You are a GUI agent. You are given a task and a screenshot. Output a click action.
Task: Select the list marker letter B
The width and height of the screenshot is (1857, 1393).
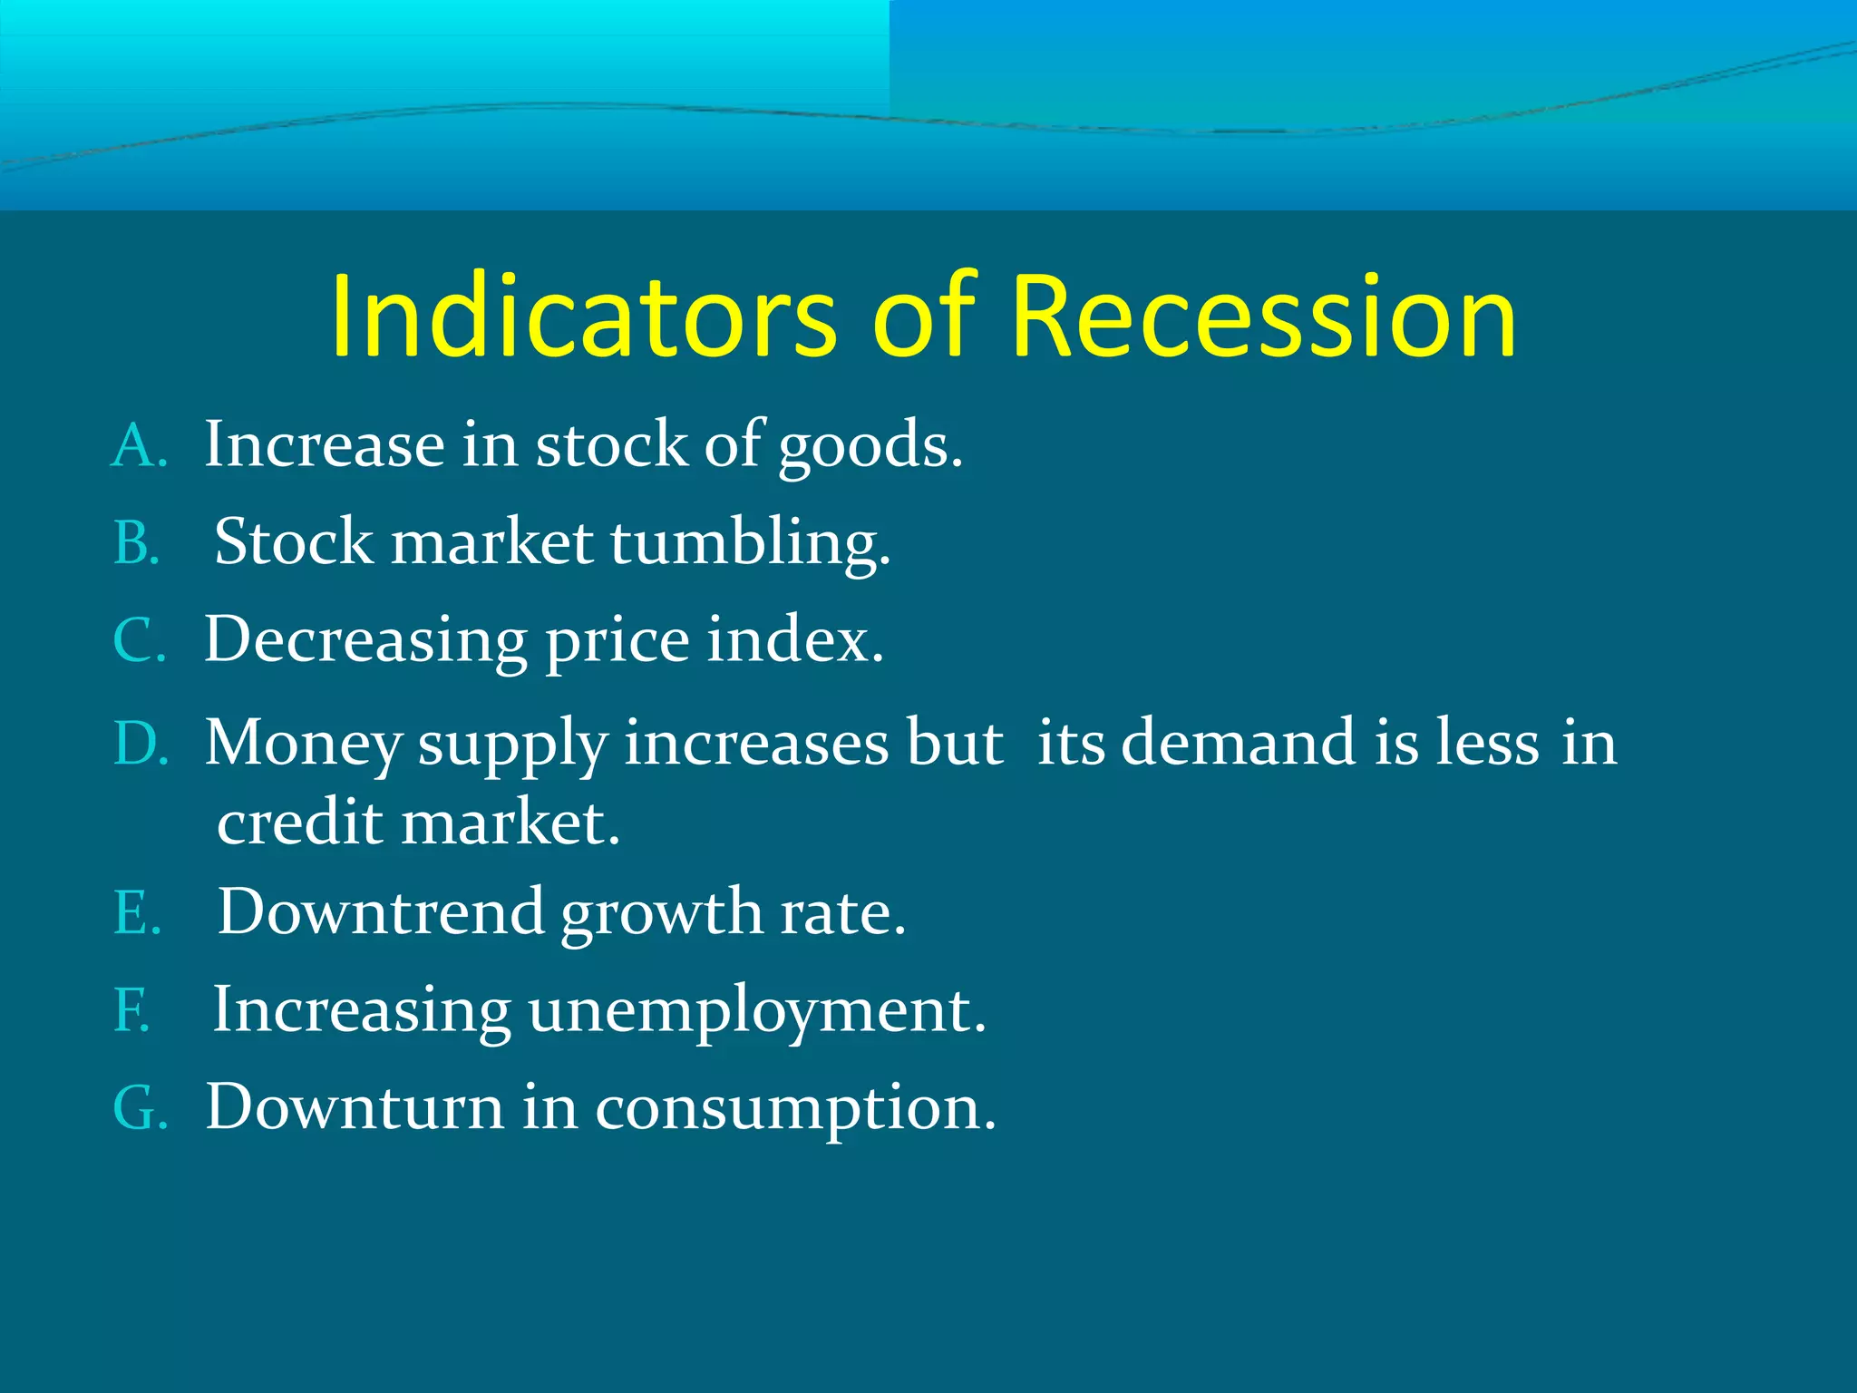pos(135,544)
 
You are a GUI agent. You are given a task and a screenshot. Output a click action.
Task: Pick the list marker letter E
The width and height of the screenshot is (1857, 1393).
pos(135,912)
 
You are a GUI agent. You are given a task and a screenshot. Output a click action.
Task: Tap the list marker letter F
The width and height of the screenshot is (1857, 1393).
pos(131,1010)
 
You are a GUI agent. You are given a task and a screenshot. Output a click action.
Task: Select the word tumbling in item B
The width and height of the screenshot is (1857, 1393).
pos(749,543)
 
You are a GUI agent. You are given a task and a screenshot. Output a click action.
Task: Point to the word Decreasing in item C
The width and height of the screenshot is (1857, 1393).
pos(365,640)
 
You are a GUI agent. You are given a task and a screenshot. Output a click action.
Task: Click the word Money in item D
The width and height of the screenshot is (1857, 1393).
pos(302,745)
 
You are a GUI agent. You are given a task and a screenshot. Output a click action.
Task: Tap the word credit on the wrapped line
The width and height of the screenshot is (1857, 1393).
pos(300,823)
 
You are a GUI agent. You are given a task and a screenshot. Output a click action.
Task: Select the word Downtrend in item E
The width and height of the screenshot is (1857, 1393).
pos(381,911)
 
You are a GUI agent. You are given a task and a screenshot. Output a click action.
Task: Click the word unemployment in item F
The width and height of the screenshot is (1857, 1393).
pos(755,1010)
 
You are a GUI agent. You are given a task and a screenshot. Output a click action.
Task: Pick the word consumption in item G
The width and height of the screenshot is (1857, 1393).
pos(794,1108)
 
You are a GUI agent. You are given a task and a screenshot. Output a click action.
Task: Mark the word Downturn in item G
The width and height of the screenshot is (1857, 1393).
pos(355,1107)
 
